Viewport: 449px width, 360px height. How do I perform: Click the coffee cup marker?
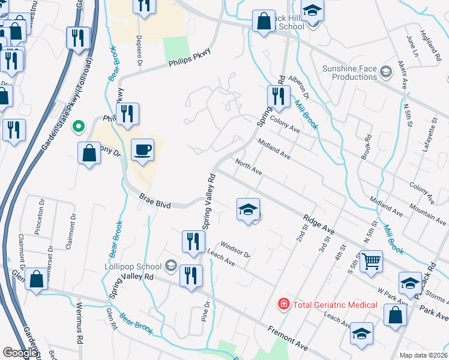pos(142,149)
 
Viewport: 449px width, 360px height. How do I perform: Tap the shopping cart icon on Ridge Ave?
pos(372,261)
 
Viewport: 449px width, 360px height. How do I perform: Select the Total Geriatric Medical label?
pos(335,305)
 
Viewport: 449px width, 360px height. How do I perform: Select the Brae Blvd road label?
pos(155,201)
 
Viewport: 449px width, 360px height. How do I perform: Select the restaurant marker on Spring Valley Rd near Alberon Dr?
pos(278,96)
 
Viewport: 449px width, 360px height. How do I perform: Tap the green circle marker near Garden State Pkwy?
pos(77,127)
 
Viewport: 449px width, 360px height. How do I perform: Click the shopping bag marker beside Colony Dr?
pos(89,153)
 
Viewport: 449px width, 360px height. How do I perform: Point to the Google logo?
pos(20,353)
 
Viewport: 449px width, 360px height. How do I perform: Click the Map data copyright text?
pos(423,355)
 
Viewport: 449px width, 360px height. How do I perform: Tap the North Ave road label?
pos(249,167)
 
